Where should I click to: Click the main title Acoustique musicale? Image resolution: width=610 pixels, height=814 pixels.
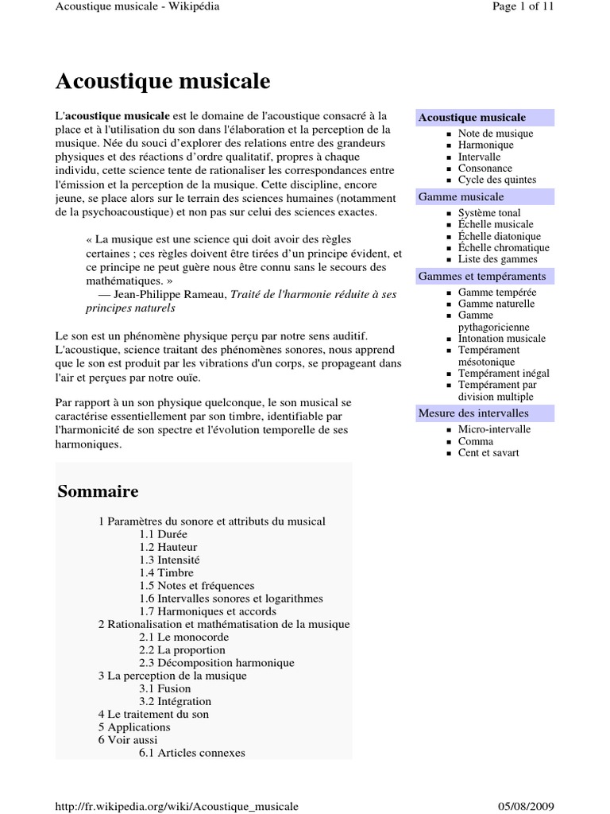click(162, 81)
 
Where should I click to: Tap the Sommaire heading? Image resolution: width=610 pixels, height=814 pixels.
click(98, 491)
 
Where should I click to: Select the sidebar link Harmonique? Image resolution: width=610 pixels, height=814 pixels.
click(485, 145)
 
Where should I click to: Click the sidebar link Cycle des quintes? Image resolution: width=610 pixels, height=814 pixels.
click(497, 180)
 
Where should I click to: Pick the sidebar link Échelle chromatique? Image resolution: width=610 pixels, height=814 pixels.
click(504, 247)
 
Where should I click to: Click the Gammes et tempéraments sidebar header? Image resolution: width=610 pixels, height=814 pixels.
click(481, 276)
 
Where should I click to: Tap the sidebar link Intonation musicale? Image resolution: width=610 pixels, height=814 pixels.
click(502, 338)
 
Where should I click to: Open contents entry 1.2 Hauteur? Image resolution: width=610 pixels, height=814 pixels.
click(168, 547)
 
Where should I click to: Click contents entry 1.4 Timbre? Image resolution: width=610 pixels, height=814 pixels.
click(166, 572)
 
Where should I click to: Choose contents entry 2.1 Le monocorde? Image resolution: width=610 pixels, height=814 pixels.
click(183, 637)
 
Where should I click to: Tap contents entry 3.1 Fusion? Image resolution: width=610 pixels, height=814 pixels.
click(165, 688)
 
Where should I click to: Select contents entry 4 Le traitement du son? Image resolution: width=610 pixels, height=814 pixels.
click(153, 714)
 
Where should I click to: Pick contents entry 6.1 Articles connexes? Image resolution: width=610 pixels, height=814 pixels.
click(192, 752)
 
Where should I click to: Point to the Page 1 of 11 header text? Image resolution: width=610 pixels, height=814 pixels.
click(523, 6)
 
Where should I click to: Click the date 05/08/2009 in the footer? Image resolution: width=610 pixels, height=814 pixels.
click(526, 806)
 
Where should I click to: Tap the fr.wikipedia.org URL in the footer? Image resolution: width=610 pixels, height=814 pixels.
click(176, 806)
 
